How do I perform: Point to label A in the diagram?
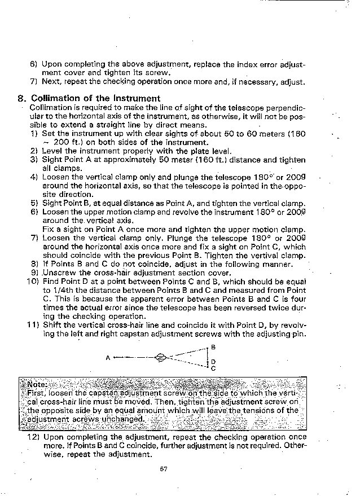click(107, 357)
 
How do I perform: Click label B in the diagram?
click(213, 347)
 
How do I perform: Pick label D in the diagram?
click(213, 362)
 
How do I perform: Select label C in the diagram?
click(213, 368)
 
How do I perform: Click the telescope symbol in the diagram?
click(161, 357)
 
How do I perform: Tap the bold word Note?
click(37, 385)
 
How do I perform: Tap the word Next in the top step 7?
click(52, 82)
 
